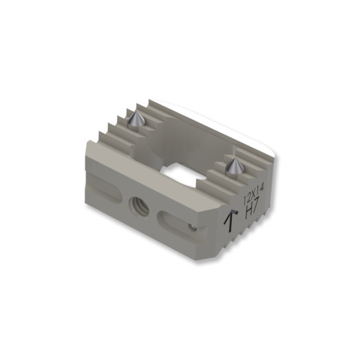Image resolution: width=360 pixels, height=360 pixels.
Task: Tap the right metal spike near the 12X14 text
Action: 235,165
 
